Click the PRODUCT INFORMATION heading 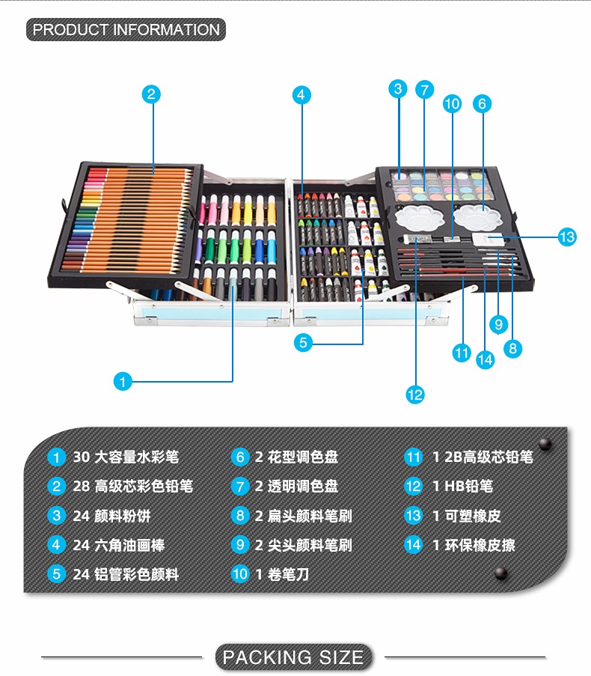tap(126, 30)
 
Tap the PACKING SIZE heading tap(293, 657)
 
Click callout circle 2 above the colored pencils tap(151, 94)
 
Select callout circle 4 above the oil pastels tap(301, 94)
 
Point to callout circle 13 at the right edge tap(567, 237)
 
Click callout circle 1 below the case tap(123, 382)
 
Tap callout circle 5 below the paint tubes tap(302, 343)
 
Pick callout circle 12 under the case tap(415, 395)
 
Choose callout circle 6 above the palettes tap(482, 104)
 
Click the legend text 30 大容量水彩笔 tap(126, 457)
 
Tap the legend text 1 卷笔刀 tap(282, 574)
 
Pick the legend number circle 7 tap(239, 486)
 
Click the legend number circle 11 tap(413, 457)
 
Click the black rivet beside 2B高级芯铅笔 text tap(545, 443)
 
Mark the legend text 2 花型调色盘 tap(296, 457)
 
